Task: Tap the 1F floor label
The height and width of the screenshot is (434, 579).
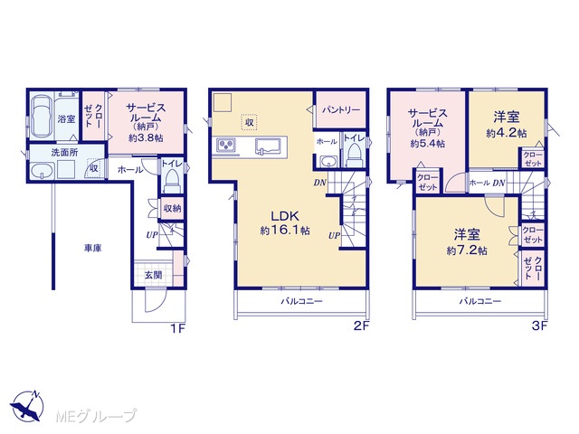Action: coord(177,327)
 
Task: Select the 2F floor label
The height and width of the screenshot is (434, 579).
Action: coord(361,325)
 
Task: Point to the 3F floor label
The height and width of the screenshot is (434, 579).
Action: coord(539,325)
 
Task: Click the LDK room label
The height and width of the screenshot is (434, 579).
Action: coord(285,216)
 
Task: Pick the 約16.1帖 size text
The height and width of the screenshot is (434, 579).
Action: coord(285,231)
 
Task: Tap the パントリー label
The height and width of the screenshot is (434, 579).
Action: coord(341,110)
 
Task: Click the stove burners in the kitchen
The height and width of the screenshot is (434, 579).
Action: coord(225,145)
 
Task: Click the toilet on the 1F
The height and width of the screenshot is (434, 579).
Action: coord(172,181)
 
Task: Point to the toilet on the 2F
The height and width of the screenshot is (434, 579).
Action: coord(355,155)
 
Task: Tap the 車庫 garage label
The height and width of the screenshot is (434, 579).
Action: coord(92,249)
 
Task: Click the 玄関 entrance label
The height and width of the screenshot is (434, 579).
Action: coord(153,275)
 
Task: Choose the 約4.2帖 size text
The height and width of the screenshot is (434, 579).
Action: coord(507,133)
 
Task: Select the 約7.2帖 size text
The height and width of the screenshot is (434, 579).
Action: coord(467,251)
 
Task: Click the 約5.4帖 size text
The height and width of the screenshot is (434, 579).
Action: coord(427,144)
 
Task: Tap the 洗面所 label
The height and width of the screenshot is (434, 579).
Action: coord(64,153)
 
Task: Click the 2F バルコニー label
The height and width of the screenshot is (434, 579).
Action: coord(301,301)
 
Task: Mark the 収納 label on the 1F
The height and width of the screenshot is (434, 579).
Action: coord(172,208)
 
